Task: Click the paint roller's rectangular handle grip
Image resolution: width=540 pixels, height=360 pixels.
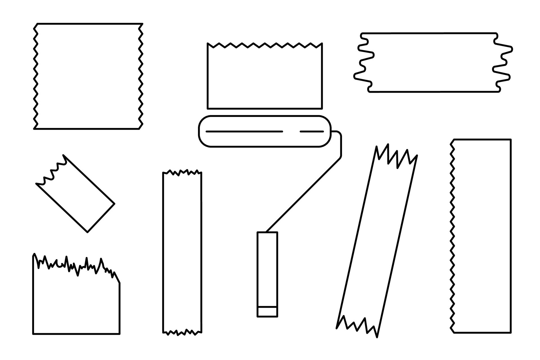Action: [x=267, y=269]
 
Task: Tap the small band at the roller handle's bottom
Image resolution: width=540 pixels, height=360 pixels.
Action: [x=267, y=312]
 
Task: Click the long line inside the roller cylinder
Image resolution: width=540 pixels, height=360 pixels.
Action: [x=244, y=131]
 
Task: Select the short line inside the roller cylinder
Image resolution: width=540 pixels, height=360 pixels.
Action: [x=312, y=131]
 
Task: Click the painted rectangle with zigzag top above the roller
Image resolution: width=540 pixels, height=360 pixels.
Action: [x=264, y=77]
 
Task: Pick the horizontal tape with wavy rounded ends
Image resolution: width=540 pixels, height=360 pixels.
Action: [x=433, y=62]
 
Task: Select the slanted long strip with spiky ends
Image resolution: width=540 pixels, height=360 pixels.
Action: [x=377, y=242]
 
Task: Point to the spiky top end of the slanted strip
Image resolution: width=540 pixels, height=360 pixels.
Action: [x=397, y=157]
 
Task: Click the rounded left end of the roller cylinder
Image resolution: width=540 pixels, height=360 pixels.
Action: [x=203, y=131]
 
